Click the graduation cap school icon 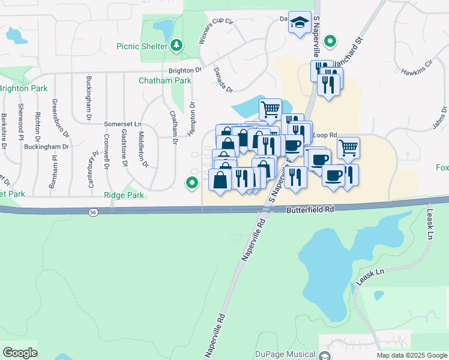click(300, 22)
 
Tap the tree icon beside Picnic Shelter click(176, 45)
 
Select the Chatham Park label click(164, 80)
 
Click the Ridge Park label click(124, 195)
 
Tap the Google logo click(20, 353)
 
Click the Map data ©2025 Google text click(411, 355)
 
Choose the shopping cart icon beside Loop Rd click(348, 146)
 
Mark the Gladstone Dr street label click(124, 148)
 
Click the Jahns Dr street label click(440, 118)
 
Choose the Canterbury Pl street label click(92, 169)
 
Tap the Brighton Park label click(23, 88)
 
